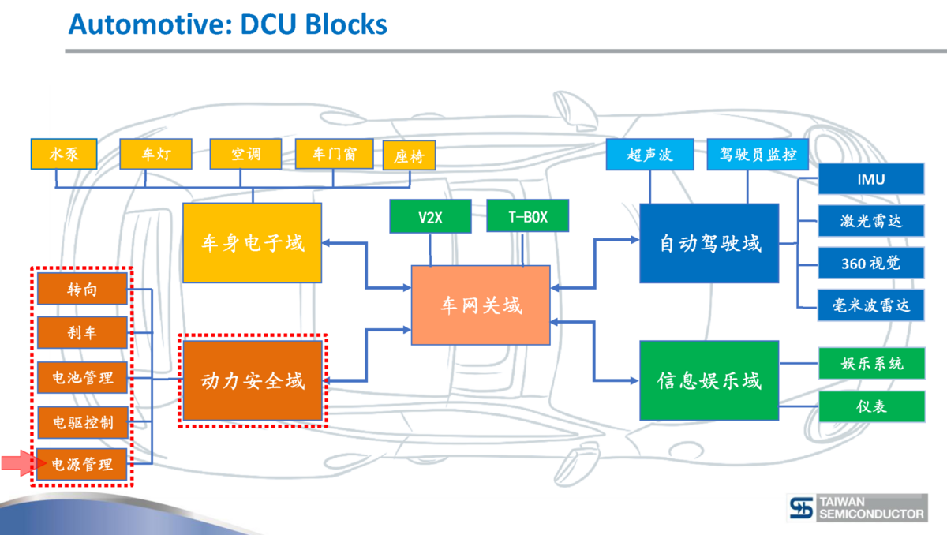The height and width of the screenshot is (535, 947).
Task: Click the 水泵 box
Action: click(x=65, y=154)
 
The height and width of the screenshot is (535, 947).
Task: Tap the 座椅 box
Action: click(x=409, y=155)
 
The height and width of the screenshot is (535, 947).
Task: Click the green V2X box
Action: click(x=430, y=216)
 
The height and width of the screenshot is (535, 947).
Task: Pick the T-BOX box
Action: click(x=527, y=216)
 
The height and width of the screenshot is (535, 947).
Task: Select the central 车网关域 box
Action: click(x=481, y=305)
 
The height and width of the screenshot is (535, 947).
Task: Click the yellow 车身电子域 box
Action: click(x=253, y=243)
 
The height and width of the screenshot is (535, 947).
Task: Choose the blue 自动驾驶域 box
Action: click(x=709, y=243)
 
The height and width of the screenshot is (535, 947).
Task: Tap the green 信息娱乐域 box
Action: click(x=709, y=381)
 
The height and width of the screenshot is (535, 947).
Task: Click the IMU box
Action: click(x=870, y=179)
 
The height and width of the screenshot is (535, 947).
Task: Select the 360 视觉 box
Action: click(x=870, y=263)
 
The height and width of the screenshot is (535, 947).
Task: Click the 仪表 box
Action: click(x=871, y=406)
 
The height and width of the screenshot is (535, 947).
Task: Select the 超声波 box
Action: click(x=649, y=155)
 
